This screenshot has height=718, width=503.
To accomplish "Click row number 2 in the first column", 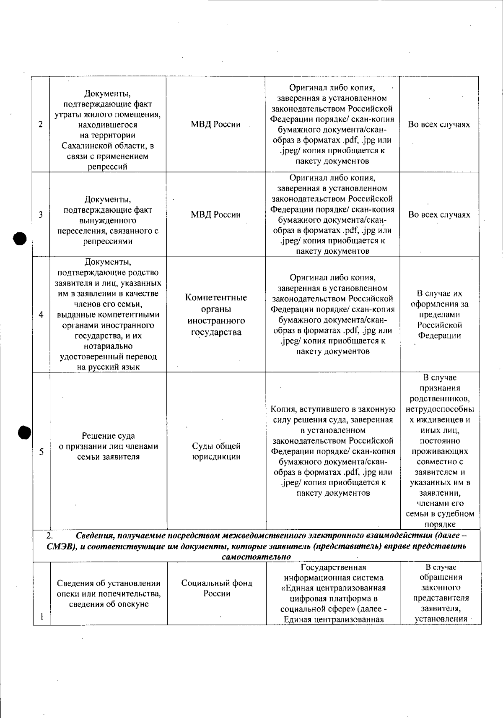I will (41, 125).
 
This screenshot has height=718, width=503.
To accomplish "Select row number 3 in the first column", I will (41, 215).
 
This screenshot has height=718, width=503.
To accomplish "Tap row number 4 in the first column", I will (41, 315).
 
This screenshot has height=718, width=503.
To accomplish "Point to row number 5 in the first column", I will (41, 452).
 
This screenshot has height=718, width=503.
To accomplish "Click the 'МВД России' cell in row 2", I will (215, 125).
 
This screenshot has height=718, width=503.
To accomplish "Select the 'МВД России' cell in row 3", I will (215, 215).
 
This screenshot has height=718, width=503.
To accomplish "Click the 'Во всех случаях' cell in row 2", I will (439, 125).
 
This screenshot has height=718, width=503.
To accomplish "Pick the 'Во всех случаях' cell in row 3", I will (439, 215).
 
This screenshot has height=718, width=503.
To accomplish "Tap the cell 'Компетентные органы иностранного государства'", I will (216, 315).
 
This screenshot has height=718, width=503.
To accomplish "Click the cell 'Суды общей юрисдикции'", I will (216, 451).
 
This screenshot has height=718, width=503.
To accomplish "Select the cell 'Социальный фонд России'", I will (216, 588).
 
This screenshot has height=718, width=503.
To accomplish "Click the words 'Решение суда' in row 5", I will (108, 436).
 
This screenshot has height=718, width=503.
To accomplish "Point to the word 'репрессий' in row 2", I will (107, 167).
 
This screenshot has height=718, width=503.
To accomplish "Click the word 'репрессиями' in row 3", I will (108, 241).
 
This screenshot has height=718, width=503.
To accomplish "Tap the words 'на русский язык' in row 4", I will (108, 367).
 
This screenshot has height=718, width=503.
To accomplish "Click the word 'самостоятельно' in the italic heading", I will (256, 557).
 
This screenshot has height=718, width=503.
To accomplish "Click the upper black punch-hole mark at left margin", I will (20, 239).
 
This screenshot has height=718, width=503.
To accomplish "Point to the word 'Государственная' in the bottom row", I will (333, 567).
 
